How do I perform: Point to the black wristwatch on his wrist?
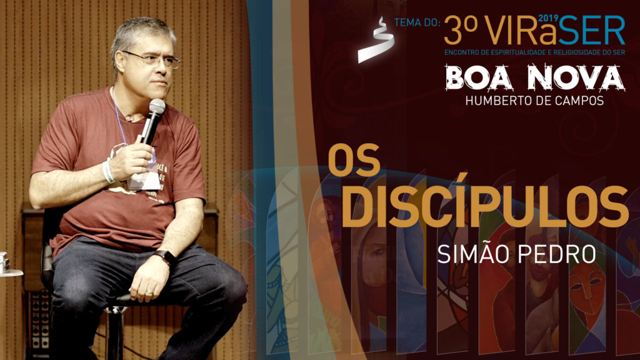166,257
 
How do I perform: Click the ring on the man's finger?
148,291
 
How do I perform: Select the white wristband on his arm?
108,172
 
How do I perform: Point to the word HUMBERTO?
499,100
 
